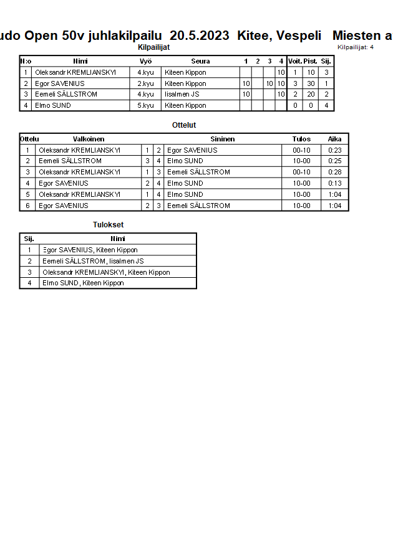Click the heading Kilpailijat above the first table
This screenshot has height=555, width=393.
(153, 47)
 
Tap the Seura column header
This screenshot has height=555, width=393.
(200, 61)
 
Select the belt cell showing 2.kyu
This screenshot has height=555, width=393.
(145, 83)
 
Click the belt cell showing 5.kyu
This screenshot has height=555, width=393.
(145, 106)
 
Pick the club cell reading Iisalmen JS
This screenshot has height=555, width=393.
(182, 95)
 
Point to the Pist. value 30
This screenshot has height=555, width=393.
(311, 83)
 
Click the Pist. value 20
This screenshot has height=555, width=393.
(311, 95)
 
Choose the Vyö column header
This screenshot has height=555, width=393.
(145, 61)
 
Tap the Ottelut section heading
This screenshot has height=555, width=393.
(184, 125)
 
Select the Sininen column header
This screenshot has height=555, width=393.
(223, 139)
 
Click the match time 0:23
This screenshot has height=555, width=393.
(334, 150)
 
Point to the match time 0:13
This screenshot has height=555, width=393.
(334, 183)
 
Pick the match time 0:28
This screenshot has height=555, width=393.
(334, 172)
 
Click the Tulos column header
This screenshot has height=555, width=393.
(301, 139)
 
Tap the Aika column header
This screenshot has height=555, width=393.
(334, 139)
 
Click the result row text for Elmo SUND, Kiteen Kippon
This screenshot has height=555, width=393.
(83, 283)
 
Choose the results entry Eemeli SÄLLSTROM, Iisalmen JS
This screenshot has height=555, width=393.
(93, 261)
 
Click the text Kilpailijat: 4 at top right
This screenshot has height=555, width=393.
(356, 47)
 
